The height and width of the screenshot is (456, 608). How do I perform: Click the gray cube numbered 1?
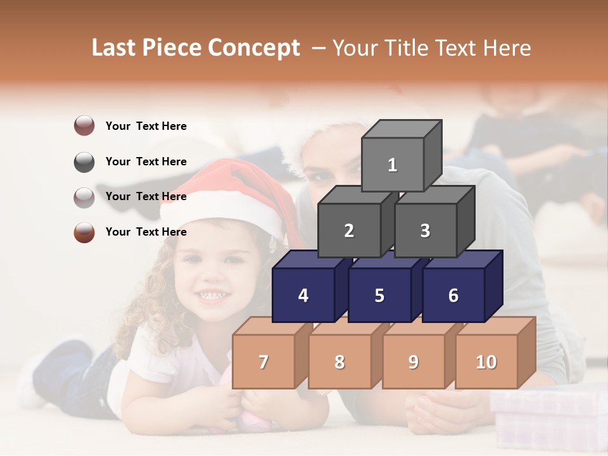393,165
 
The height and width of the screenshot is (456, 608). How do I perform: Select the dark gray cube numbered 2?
349,231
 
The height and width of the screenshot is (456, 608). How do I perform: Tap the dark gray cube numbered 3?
425,231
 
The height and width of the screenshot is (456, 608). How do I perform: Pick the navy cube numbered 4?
303,295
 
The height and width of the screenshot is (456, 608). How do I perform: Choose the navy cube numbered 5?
379,295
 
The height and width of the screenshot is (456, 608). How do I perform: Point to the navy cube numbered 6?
453,295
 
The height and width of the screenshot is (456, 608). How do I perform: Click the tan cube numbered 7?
263,362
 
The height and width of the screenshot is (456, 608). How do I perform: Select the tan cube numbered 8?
339,362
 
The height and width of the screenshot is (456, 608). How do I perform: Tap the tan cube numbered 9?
414,362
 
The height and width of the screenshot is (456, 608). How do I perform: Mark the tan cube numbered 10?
486,362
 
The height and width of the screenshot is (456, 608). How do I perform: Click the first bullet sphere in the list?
84,126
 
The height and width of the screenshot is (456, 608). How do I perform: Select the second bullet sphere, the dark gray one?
84,161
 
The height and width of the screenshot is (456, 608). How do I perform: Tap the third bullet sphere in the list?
84,197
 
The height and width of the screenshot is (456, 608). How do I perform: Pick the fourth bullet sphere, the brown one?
84,232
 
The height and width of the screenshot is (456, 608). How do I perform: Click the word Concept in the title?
254,48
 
